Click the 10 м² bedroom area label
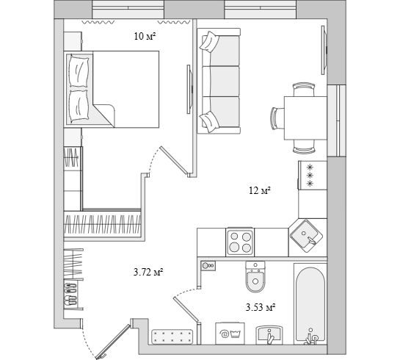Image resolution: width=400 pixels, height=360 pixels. tap(145, 37)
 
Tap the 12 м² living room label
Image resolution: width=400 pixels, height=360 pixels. tap(260, 190)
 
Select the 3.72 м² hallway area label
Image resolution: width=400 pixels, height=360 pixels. tap(148, 272)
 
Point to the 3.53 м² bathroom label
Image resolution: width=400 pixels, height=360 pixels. tap(261, 307)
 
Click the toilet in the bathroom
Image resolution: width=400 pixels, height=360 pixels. tap(255, 277)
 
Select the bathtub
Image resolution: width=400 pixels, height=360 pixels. tap(310, 304)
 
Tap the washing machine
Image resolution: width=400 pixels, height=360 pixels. tap(230, 334)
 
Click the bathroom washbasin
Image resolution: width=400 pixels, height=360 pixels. tap(269, 335)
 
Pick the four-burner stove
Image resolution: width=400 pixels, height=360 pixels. tap(240, 242)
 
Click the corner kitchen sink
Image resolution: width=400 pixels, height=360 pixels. tap(306, 236)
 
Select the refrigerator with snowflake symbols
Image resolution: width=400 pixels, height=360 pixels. tap(313, 175)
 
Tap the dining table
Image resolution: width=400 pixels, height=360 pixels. tap(305, 118)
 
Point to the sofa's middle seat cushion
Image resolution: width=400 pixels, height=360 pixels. tap(225, 82)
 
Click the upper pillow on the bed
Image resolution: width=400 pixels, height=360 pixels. tap(79, 72)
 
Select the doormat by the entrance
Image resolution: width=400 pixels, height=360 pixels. tap(172, 336)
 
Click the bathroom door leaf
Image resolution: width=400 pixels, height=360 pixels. tap(186, 309)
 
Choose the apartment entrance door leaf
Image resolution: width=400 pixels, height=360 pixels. tap(113, 342)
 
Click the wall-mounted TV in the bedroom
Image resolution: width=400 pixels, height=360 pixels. tap(189, 90)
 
